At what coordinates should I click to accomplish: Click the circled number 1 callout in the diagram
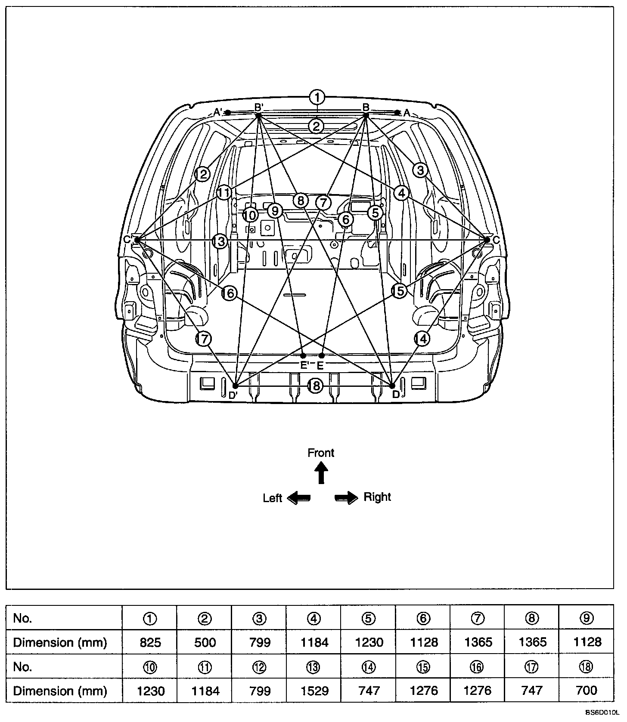(317, 97)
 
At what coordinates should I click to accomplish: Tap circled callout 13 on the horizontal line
(220, 241)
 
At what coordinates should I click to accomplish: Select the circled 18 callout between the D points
(315, 386)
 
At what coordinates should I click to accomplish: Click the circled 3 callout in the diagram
(420, 170)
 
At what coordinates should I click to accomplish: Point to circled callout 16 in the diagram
(230, 293)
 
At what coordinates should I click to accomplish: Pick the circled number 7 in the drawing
(323, 202)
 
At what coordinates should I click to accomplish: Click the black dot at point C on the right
(487, 240)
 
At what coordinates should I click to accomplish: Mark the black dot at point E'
(303, 355)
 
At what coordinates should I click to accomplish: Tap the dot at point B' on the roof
(258, 115)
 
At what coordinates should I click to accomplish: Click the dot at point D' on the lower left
(235, 386)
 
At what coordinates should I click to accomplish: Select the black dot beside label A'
(228, 113)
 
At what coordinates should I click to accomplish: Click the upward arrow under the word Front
(321, 473)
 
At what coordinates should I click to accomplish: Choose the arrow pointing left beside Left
(298, 498)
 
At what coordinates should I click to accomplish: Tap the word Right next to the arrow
(377, 497)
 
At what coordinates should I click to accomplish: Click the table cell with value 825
(150, 642)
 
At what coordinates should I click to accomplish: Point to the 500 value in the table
(205, 642)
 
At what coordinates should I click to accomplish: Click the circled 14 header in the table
(369, 667)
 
